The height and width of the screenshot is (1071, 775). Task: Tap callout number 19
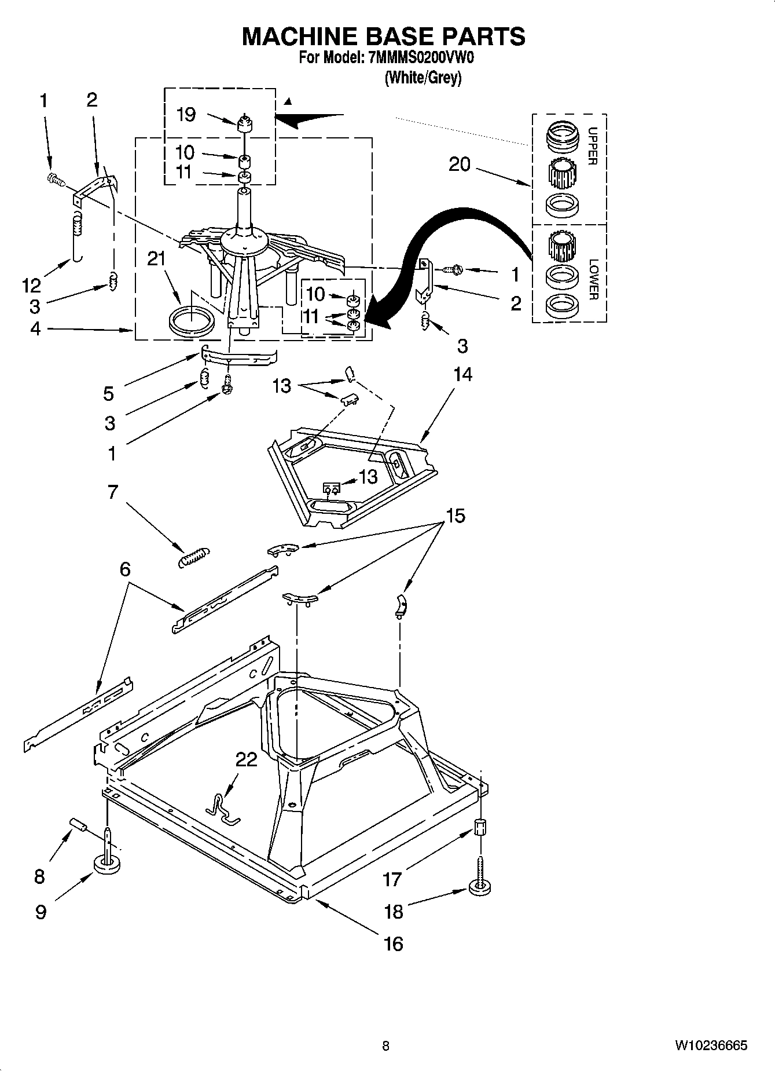pyautogui.click(x=186, y=115)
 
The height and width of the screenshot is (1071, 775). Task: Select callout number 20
pyautogui.click(x=460, y=165)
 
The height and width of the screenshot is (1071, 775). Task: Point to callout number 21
pyautogui.click(x=156, y=259)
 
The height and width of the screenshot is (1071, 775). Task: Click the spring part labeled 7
pyautogui.click(x=193, y=557)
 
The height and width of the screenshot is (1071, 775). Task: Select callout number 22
pyautogui.click(x=246, y=759)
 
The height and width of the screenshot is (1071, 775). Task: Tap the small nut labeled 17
pyautogui.click(x=479, y=827)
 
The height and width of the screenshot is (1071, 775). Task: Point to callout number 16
pyautogui.click(x=393, y=944)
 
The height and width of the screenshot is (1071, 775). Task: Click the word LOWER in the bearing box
pyautogui.click(x=593, y=279)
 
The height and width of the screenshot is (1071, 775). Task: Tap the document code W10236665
pyautogui.click(x=710, y=1046)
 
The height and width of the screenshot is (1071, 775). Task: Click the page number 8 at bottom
pyautogui.click(x=385, y=1046)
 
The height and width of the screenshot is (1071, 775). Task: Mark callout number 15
pyautogui.click(x=456, y=515)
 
